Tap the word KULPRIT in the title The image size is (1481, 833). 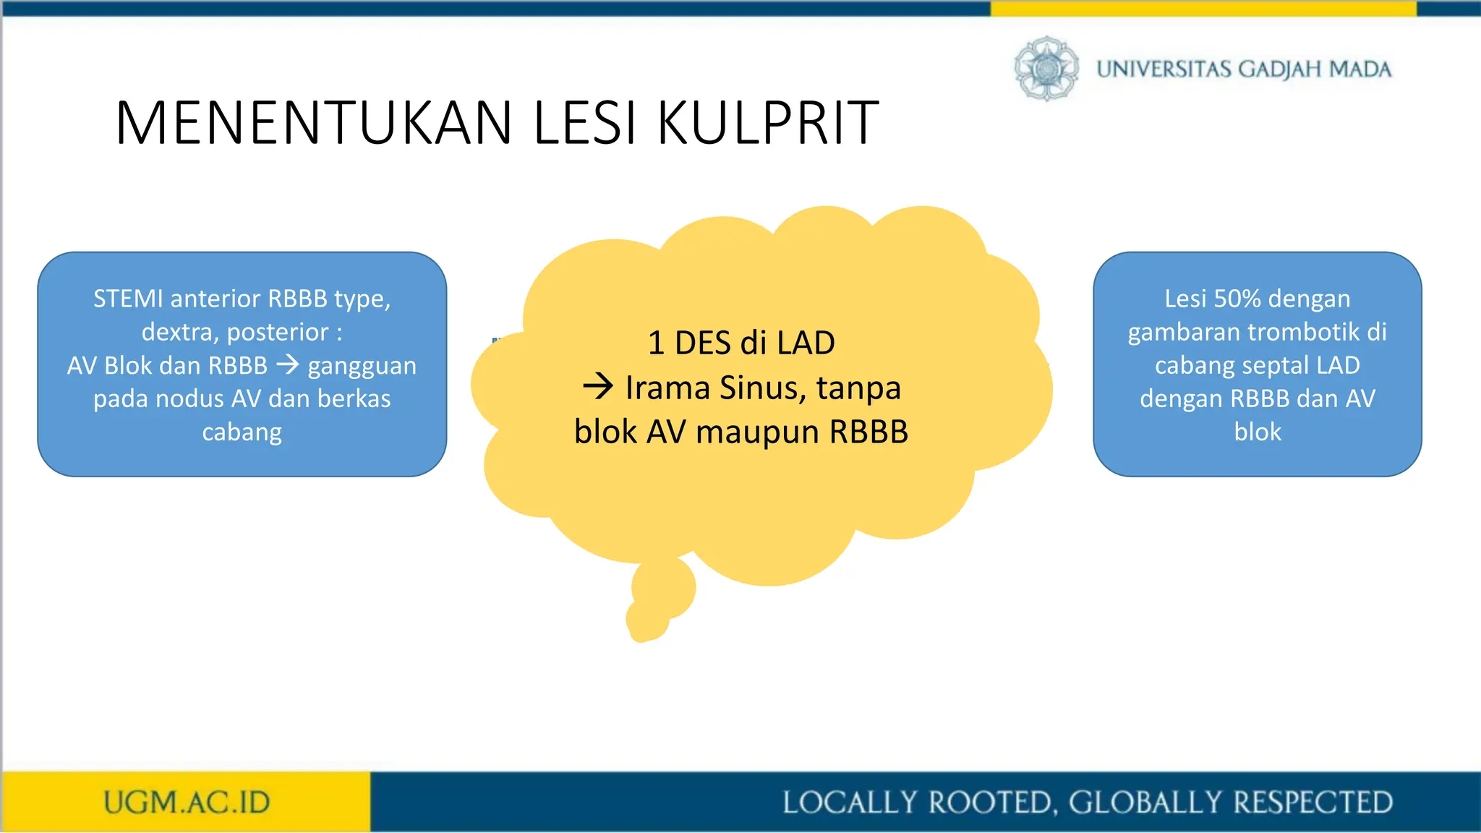pos(768,123)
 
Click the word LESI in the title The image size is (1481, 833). pos(585,123)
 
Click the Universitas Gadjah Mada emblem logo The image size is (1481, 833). pos(1046,69)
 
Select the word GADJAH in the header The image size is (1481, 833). pos(1279,69)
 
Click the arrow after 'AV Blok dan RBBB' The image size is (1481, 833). pos(287,364)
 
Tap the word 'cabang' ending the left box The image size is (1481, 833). pos(242,432)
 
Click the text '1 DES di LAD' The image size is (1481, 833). pos(740,343)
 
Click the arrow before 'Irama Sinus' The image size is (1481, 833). pos(598,387)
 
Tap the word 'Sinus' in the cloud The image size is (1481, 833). pos(763,388)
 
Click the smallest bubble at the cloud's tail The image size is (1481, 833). pos(645,620)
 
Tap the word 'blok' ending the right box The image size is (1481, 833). pos(1257,432)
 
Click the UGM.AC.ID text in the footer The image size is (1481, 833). pos(187,803)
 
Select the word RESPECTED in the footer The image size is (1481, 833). pos(1313,803)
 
